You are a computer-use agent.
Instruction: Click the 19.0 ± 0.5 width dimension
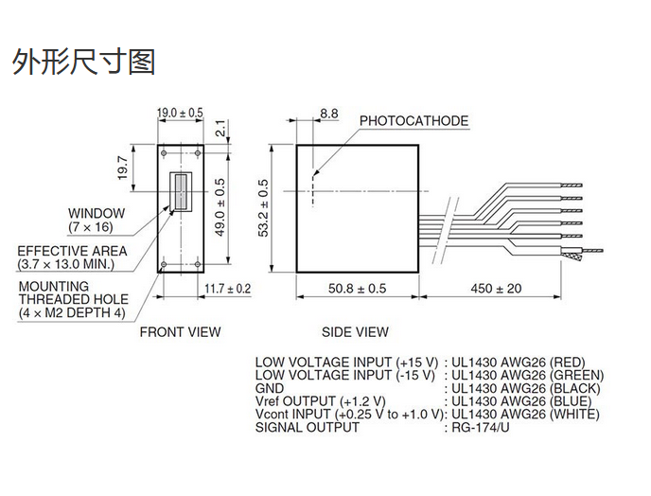(180, 113)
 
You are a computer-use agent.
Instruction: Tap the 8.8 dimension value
(329, 114)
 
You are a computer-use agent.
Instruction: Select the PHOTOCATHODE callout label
(413, 121)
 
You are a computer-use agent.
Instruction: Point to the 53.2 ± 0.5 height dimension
(264, 208)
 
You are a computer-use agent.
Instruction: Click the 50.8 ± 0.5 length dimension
(357, 289)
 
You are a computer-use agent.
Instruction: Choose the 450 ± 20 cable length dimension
(496, 289)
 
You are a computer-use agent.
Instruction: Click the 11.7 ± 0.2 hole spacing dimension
(227, 289)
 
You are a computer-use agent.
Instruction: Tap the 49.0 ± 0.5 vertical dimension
(220, 207)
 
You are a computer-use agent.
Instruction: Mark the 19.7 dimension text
(123, 168)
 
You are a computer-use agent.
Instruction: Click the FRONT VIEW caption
(180, 332)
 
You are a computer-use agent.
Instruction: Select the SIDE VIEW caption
(356, 332)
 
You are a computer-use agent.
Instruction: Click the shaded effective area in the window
(181, 192)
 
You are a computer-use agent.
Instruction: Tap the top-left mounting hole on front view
(164, 153)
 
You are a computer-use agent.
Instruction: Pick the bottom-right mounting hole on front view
(198, 265)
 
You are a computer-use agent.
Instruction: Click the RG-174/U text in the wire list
(481, 427)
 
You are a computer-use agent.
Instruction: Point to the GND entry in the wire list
(270, 388)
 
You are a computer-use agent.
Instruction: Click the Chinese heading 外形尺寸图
(84, 62)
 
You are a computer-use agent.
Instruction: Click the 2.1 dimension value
(221, 128)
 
